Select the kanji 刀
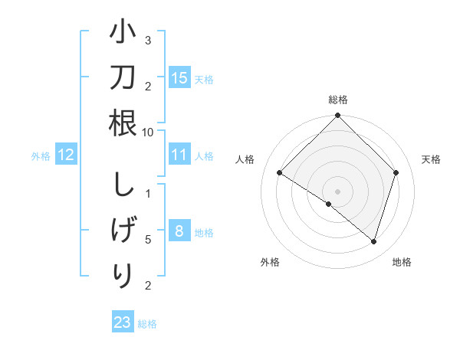123,80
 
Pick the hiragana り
123,273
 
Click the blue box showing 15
179,78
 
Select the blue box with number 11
179,155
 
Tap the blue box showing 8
179,231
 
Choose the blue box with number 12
66,155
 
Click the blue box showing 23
123,322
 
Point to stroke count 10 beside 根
148,132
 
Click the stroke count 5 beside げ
148,240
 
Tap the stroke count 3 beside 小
148,40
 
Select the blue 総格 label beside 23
147,324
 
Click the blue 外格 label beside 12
41,156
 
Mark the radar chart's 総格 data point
337,117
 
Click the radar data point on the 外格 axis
329,204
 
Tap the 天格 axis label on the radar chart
431,159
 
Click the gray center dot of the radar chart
337,190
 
